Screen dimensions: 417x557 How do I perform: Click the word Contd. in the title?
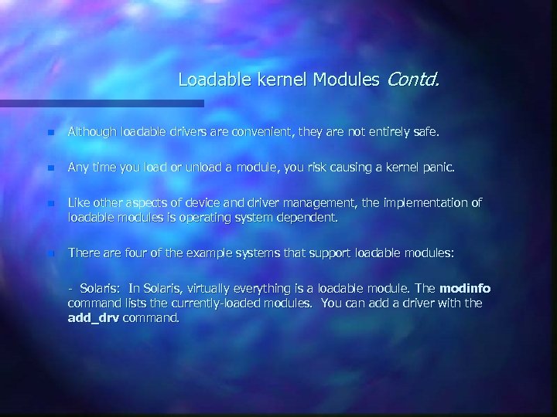413,79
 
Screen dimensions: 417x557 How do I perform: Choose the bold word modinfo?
464,289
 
